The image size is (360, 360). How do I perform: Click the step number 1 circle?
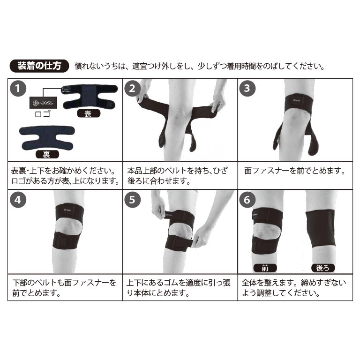click(18, 89)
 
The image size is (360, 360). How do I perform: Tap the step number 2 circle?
click(133, 89)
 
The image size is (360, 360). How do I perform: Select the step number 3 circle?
click(247, 88)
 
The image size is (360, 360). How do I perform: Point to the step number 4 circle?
click(18, 200)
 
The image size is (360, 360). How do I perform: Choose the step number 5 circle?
click(133, 200)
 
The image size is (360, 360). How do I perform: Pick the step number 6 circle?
click(247, 200)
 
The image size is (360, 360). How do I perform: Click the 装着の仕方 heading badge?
click(39, 66)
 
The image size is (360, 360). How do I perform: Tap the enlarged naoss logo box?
click(43, 103)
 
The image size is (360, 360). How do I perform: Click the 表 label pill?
click(89, 113)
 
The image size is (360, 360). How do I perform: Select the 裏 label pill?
click(47, 154)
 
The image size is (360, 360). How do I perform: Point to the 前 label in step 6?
click(265, 268)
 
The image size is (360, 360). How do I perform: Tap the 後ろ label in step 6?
click(323, 268)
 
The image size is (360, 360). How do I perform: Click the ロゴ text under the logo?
click(43, 114)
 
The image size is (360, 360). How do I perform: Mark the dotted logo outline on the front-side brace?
click(67, 90)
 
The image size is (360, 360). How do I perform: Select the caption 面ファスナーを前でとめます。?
click(295, 171)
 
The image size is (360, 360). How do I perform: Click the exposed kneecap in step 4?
click(69, 226)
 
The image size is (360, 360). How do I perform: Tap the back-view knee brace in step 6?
click(320, 229)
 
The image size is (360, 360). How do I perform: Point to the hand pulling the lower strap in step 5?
click(202, 236)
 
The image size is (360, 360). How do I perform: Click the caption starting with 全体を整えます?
click(294, 288)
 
